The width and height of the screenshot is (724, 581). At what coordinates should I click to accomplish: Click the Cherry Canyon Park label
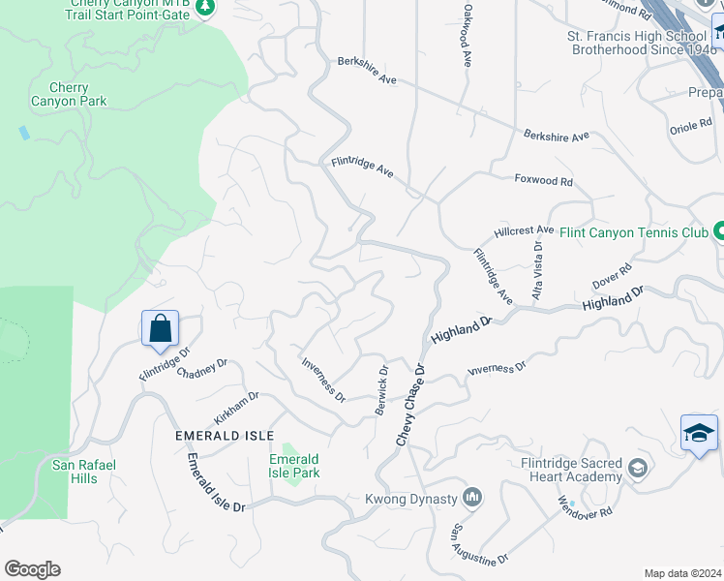(x=68, y=94)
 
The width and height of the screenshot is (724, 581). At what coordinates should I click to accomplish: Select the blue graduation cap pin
(x=699, y=433)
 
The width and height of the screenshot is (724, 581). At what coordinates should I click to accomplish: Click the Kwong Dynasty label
(x=411, y=499)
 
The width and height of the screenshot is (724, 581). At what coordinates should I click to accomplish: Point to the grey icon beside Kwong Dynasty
(x=472, y=498)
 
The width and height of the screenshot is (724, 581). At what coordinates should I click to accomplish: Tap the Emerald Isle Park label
(x=293, y=466)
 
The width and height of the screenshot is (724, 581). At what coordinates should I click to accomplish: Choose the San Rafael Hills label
(x=83, y=472)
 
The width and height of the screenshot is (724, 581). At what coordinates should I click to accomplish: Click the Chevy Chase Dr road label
(x=410, y=405)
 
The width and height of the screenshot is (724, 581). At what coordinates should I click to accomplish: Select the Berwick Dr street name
(x=381, y=390)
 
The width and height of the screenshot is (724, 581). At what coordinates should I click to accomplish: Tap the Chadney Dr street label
(x=201, y=369)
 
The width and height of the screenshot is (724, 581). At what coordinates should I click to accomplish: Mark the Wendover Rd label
(x=587, y=506)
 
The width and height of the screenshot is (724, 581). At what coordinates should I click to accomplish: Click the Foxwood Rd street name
(x=544, y=180)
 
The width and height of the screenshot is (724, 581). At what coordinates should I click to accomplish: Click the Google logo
(x=32, y=569)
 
